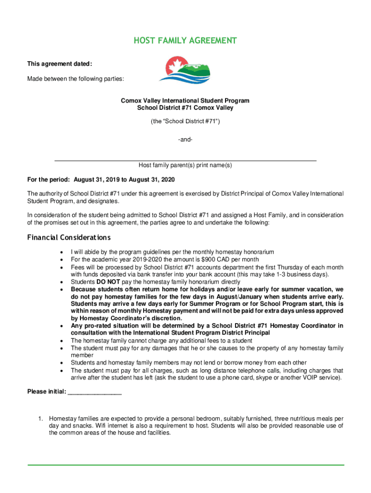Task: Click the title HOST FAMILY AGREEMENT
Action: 185,41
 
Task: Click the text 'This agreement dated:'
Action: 60,64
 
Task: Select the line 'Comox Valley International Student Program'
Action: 185,101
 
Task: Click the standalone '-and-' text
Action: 185,140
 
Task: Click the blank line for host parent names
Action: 185,159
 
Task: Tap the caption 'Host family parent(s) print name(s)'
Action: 185,165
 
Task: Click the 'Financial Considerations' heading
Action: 69,237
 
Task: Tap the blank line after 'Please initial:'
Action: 95,393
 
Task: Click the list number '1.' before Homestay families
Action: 41,418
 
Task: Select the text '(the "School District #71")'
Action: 185,122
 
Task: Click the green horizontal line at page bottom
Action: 185,465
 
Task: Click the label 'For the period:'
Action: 49,179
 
